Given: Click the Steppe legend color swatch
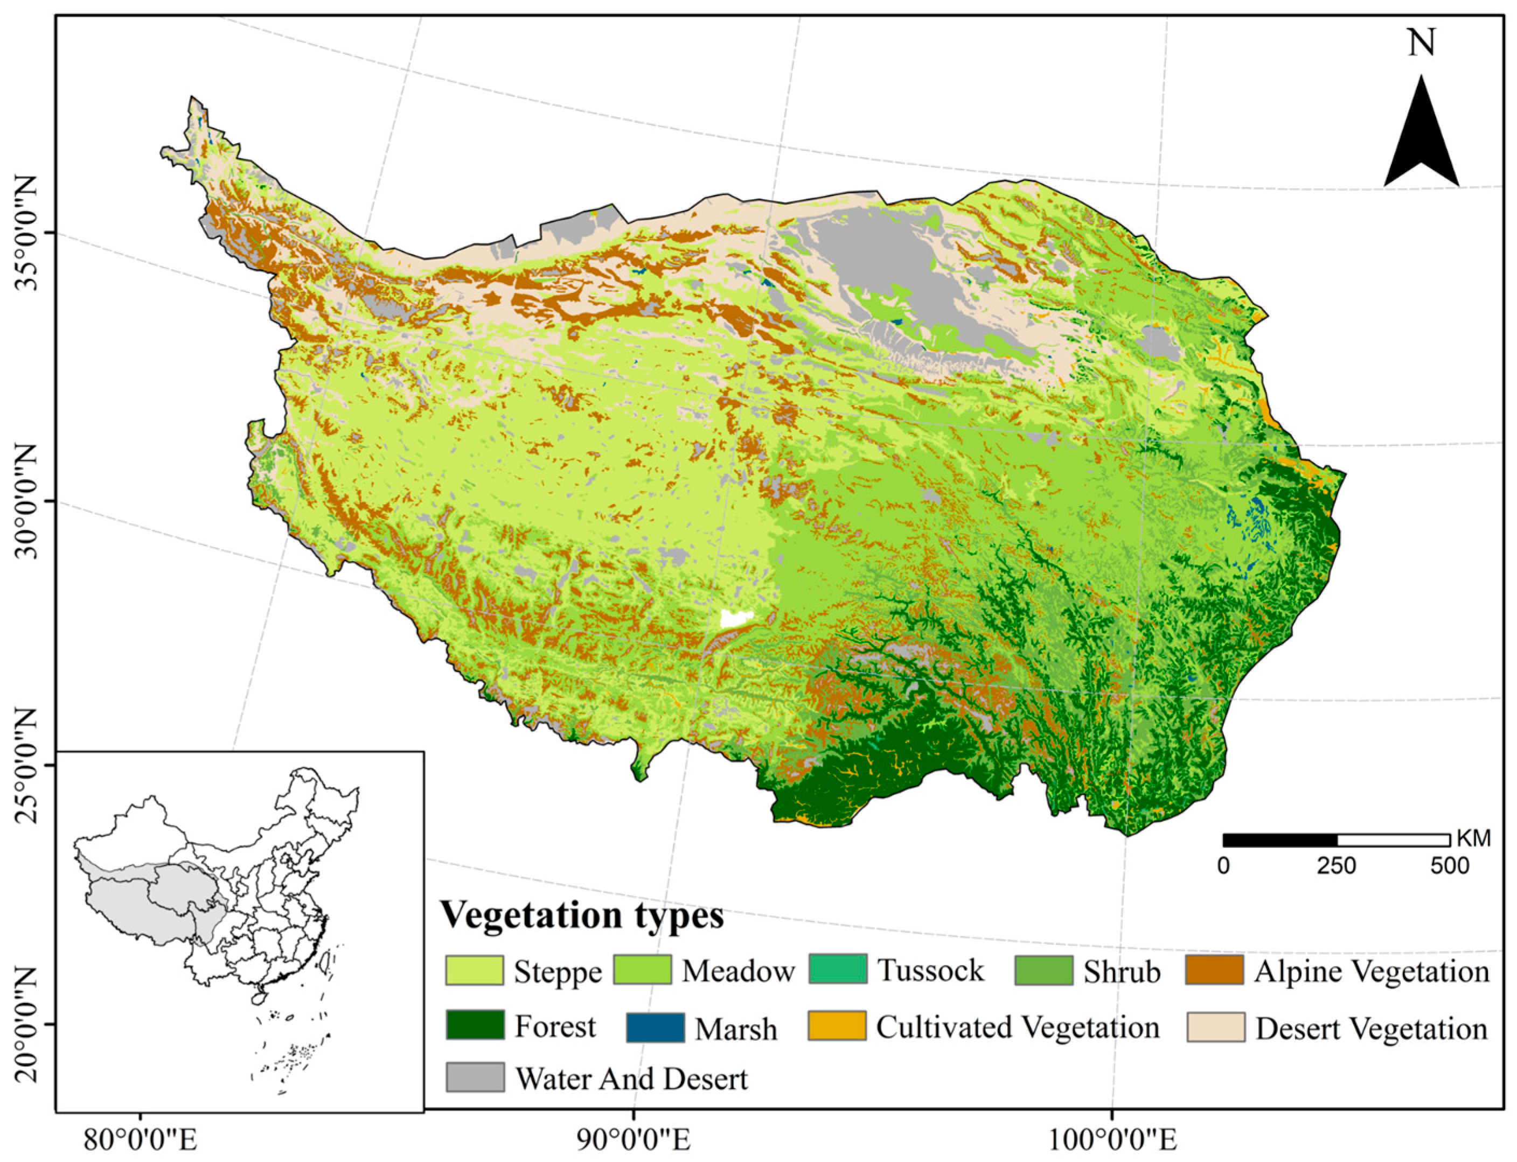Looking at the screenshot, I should pos(474,970).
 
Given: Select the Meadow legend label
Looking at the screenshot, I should pos(737,971).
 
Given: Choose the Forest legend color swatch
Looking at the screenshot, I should pos(474,1025).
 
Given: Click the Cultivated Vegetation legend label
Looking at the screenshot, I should pos(1017,1027).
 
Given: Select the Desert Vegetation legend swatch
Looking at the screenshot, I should pos(1215,1026).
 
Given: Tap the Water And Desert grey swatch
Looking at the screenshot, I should pos(474,1077).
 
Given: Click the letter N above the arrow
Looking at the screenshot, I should pos(1422,43).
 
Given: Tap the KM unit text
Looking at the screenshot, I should pos(1473,839).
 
